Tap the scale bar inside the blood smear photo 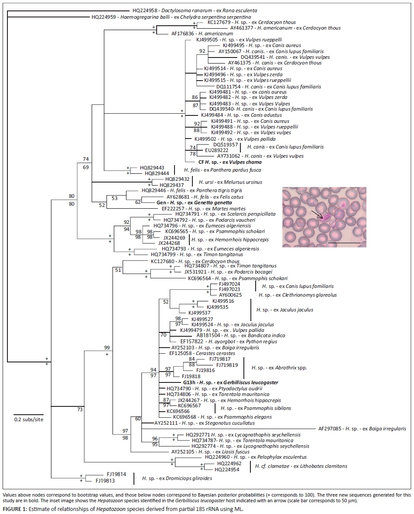click(344, 242)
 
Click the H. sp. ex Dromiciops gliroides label click(177, 478)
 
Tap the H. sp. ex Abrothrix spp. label click(280, 368)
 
